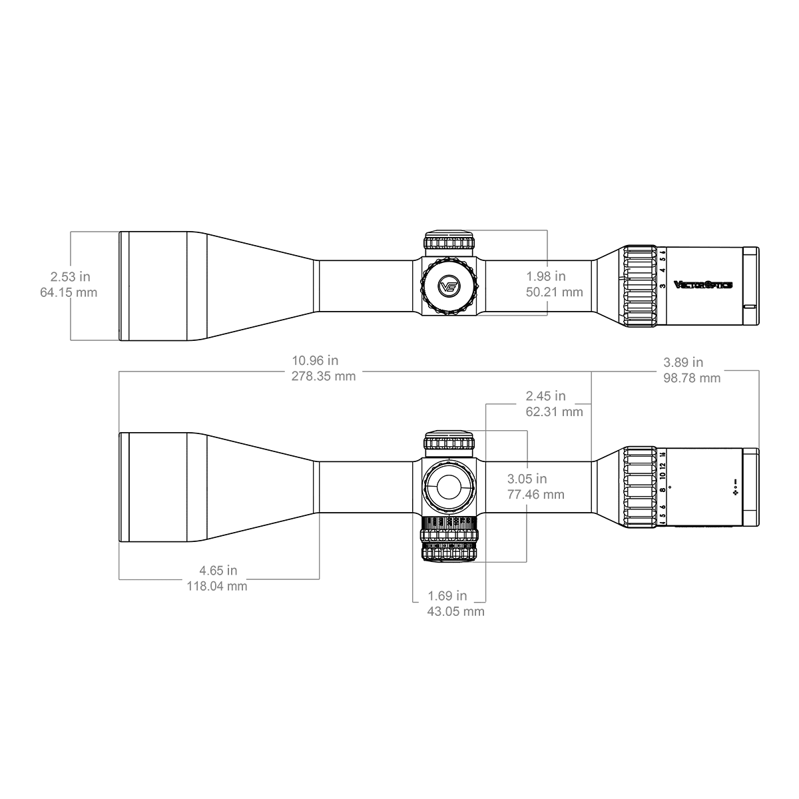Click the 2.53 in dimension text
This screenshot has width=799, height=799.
click(70, 276)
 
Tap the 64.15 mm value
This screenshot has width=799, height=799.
click(69, 292)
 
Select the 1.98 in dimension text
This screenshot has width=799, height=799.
click(545, 276)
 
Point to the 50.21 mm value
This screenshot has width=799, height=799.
click(554, 292)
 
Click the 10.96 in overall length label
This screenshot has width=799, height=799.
click(315, 361)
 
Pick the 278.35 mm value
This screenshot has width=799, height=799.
click(324, 376)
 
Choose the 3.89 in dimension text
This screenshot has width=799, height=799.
click(683, 362)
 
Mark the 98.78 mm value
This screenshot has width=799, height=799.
click(692, 378)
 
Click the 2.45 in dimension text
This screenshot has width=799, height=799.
click(545, 396)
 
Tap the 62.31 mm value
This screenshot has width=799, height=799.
click(554, 411)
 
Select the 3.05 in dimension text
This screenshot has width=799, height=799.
click(527, 479)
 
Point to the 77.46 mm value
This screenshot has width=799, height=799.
click(535, 495)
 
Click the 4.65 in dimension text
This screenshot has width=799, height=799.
click(218, 571)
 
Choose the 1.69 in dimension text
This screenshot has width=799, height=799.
click(447, 596)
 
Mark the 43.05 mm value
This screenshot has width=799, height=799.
click(455, 611)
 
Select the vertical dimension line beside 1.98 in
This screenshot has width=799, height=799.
click(547, 253)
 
